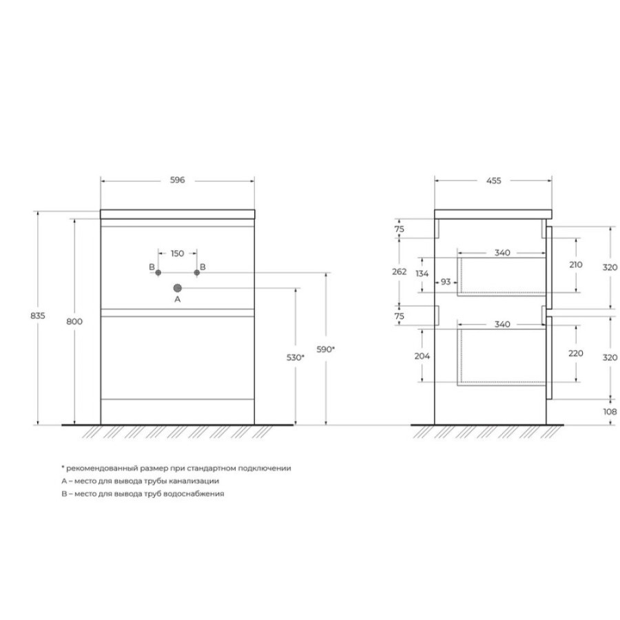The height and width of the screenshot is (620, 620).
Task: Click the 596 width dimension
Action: (x=178, y=180)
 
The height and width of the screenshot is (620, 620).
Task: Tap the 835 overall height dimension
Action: (x=38, y=316)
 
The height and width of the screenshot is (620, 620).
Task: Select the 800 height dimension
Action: (x=74, y=322)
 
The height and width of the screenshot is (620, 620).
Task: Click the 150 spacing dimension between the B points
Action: (x=178, y=254)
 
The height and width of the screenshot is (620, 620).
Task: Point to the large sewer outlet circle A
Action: (x=178, y=288)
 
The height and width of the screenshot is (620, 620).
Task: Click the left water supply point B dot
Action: (x=158, y=272)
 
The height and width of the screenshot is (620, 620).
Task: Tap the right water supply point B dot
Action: (x=197, y=272)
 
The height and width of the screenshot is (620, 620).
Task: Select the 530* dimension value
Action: (x=296, y=358)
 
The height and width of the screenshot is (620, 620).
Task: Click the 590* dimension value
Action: (x=325, y=349)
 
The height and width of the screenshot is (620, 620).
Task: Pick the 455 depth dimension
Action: (x=493, y=180)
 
